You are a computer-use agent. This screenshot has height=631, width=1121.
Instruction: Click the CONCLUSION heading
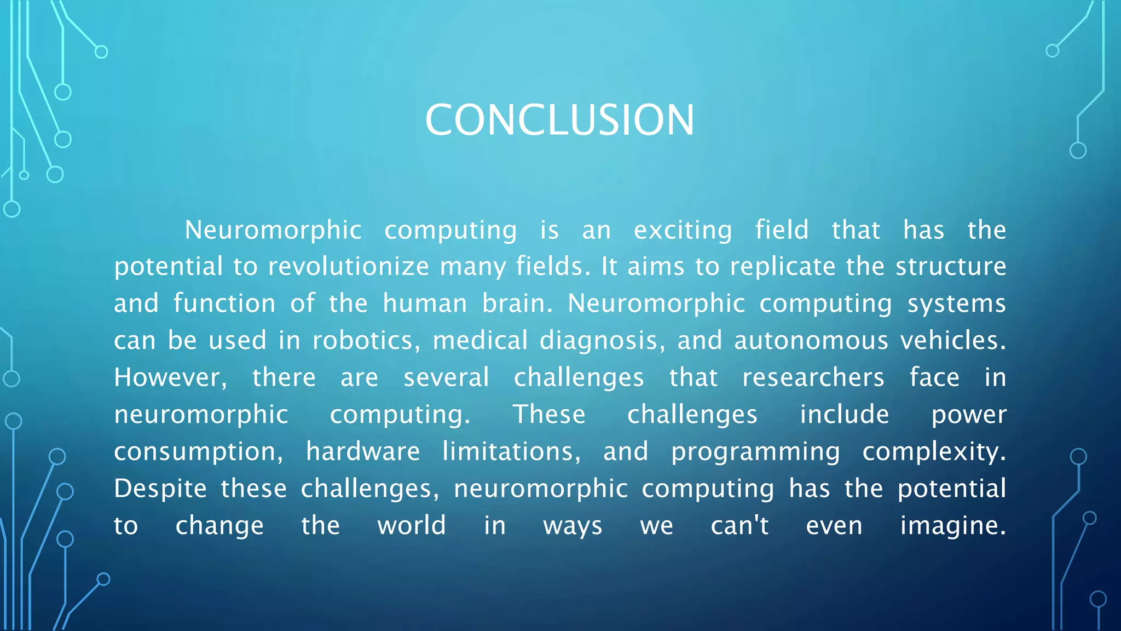(559, 120)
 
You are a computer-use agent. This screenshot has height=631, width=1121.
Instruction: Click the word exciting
(683, 230)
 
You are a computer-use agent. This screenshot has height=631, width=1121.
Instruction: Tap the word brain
(517, 303)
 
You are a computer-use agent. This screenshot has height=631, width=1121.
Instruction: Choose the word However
(170, 377)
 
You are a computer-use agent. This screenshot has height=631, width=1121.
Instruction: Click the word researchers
(813, 377)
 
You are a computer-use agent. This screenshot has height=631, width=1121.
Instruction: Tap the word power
(969, 415)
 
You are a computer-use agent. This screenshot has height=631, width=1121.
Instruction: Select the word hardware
(362, 451)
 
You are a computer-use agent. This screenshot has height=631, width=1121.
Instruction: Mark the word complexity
(934, 451)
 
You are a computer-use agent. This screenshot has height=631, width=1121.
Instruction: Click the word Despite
(160, 489)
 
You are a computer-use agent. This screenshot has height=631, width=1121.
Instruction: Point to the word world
(412, 525)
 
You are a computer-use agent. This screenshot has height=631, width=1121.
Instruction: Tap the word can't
(739, 525)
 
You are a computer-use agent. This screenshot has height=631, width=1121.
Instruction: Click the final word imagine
(953, 525)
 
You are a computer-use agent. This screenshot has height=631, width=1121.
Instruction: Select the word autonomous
(811, 341)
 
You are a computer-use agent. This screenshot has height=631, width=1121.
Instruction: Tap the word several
(446, 377)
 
